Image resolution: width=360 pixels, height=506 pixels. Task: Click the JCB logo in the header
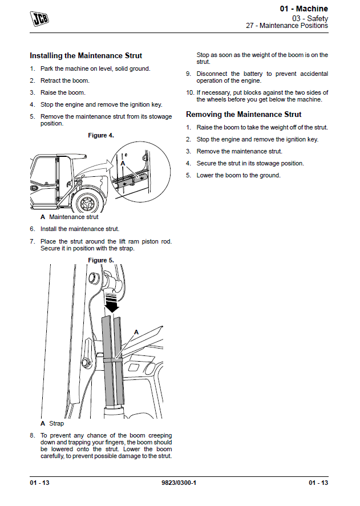[x=39, y=19]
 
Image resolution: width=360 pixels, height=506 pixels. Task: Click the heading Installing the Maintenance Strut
[x=86, y=56]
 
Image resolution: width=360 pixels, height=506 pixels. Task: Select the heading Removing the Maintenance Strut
[x=244, y=115]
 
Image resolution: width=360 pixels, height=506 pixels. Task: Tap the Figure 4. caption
[x=101, y=135]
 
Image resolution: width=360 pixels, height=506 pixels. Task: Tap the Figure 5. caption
[x=101, y=260]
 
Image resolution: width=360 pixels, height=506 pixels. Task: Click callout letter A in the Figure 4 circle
[x=122, y=163]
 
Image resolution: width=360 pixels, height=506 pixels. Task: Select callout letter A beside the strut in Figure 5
[x=136, y=332]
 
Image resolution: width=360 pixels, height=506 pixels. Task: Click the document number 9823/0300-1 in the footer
[x=180, y=483]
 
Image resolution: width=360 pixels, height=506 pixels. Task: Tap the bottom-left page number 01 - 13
[x=40, y=483]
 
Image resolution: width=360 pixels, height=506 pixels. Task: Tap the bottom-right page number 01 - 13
[x=318, y=483]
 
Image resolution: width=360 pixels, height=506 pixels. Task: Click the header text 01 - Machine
[x=304, y=9]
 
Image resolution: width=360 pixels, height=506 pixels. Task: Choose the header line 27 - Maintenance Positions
[x=287, y=26]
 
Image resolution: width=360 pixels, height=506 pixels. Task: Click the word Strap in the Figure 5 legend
[x=56, y=424]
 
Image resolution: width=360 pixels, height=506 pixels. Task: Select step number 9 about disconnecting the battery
[x=188, y=74]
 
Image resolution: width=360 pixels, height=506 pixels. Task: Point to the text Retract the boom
[x=64, y=80]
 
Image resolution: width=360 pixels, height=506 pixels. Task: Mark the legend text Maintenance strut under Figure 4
[x=74, y=217]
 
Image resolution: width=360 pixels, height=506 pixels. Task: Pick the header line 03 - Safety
[x=310, y=18]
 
